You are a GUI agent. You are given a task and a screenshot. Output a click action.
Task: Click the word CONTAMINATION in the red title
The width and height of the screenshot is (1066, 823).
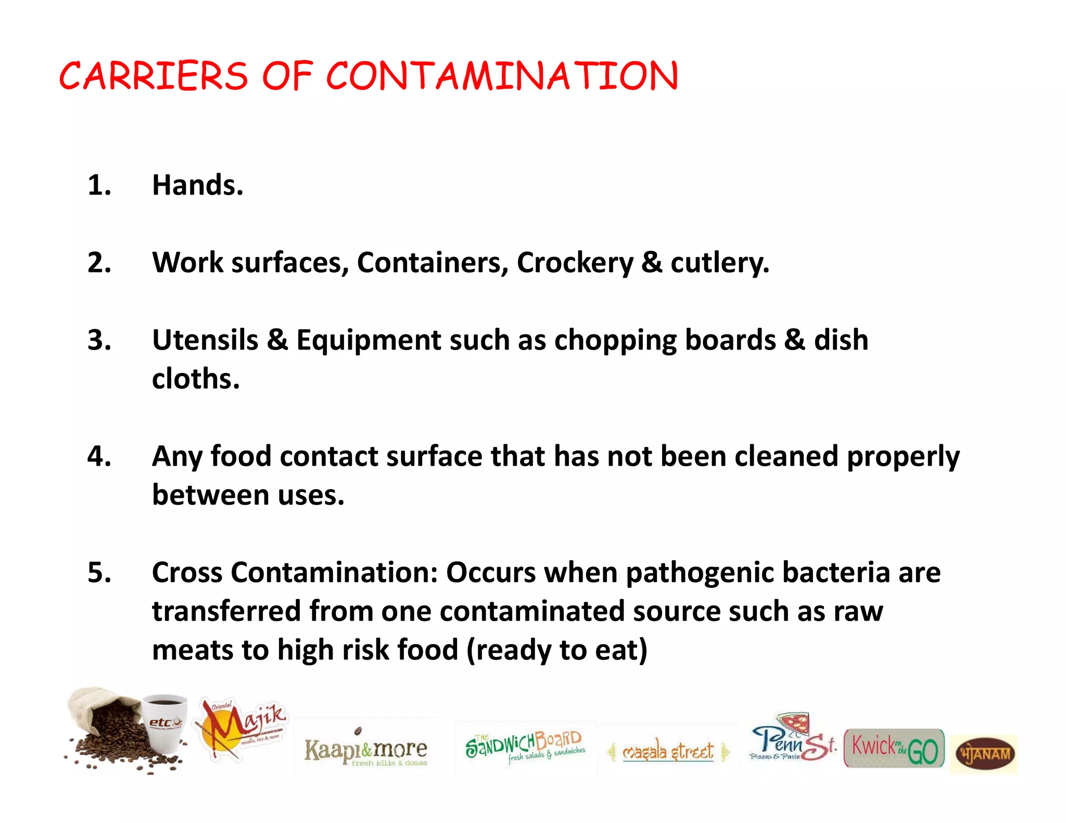502,76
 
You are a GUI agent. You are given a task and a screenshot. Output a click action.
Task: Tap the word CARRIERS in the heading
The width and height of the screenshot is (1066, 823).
154,76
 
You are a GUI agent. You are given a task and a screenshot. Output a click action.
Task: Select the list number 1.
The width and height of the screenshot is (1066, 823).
99,185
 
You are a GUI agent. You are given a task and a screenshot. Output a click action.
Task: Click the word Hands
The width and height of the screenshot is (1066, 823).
197,185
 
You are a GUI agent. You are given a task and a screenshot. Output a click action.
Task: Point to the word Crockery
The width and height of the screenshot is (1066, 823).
575,263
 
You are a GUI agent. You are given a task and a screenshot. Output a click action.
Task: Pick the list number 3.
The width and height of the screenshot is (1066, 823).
99,340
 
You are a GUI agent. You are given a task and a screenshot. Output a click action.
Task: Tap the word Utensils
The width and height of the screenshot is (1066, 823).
205,340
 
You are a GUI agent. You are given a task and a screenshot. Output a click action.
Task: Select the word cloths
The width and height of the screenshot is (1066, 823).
196,379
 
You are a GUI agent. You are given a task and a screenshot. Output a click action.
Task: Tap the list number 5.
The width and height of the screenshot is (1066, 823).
99,573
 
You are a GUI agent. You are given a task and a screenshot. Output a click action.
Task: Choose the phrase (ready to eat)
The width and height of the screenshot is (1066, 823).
557,650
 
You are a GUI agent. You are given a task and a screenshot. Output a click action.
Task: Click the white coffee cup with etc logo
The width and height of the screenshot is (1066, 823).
164,723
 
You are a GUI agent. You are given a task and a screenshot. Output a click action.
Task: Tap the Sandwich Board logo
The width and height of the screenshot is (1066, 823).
525,747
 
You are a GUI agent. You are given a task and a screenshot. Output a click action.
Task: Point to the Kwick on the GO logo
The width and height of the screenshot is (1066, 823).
894,749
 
